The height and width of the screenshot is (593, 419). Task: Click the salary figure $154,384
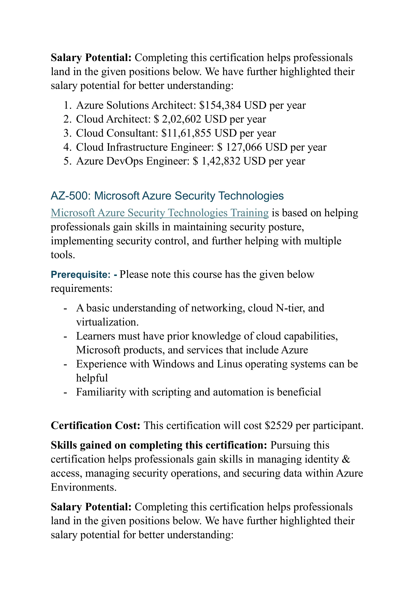point(220,105)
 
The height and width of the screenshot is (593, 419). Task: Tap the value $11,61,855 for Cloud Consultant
point(186,133)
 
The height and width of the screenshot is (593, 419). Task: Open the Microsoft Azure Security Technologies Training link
point(160,213)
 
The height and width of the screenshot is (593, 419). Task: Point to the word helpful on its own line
point(92,378)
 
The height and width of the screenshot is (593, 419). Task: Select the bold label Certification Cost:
point(95,426)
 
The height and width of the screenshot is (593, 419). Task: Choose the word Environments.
point(83,487)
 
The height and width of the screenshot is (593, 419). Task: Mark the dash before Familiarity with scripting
point(65,393)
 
